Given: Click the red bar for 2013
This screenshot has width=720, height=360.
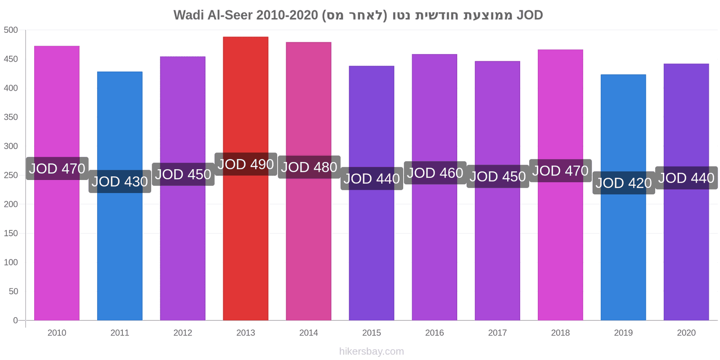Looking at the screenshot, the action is pyautogui.click(x=246, y=178).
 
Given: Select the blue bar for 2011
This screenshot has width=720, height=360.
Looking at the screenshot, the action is pyautogui.click(x=120, y=196).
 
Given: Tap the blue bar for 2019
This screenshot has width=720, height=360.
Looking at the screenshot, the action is pyautogui.click(x=623, y=198).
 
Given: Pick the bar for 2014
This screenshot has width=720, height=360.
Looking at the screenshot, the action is pyautogui.click(x=309, y=181).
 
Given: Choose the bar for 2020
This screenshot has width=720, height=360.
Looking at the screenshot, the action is pyautogui.click(x=686, y=192).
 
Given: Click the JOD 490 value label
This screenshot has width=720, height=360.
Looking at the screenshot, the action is pyautogui.click(x=246, y=164).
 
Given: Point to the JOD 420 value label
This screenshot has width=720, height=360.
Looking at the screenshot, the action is pyautogui.click(x=624, y=183).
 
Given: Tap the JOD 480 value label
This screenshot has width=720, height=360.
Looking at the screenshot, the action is pyautogui.click(x=309, y=167).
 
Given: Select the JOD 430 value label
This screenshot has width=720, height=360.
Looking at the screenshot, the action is pyautogui.click(x=120, y=182).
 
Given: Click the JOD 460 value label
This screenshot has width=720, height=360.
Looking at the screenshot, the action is pyautogui.click(x=435, y=173).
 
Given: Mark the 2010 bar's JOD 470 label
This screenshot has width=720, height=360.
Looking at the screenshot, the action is pyautogui.click(x=57, y=168).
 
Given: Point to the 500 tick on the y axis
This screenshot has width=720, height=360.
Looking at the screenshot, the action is pyautogui.click(x=11, y=30).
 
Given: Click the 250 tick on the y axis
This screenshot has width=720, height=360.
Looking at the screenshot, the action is pyautogui.click(x=11, y=175).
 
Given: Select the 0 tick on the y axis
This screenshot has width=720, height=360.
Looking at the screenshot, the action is pyautogui.click(x=15, y=320).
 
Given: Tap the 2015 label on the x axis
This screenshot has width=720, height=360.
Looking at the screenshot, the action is pyautogui.click(x=372, y=333).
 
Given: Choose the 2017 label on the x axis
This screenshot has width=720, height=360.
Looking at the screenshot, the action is pyautogui.click(x=498, y=333).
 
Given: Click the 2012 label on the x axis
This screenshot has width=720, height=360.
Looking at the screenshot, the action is pyautogui.click(x=183, y=333).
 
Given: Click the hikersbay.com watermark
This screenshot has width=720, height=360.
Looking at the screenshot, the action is pyautogui.click(x=372, y=351).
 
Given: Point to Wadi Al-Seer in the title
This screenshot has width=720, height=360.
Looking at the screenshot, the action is pyautogui.click(x=213, y=15).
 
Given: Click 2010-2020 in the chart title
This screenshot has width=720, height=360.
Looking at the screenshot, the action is pyautogui.click(x=287, y=15).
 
